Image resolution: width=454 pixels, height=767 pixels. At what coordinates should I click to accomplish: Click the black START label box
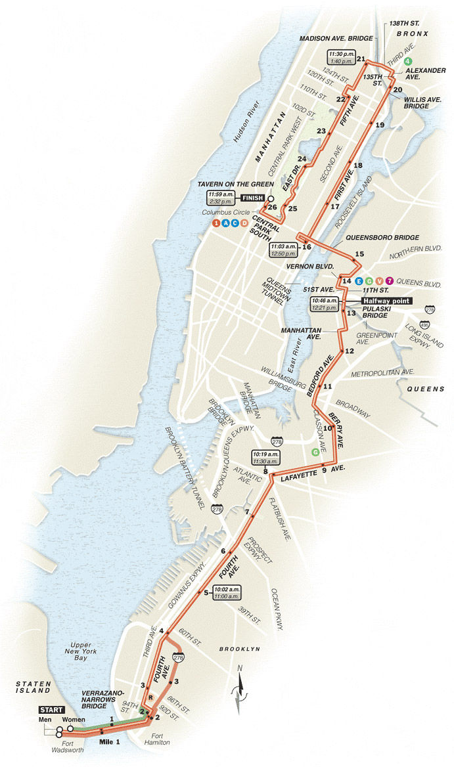pyautogui.click(x=51, y=710)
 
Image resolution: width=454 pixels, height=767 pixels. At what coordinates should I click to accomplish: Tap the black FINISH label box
pyautogui.click(x=252, y=197)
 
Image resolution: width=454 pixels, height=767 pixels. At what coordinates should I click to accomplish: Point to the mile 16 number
pyautogui.click(x=306, y=247)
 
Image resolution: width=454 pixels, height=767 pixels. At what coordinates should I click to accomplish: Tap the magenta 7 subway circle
pyautogui.click(x=390, y=281)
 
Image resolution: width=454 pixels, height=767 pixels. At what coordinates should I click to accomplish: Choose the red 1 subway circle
pyautogui.click(x=216, y=223)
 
